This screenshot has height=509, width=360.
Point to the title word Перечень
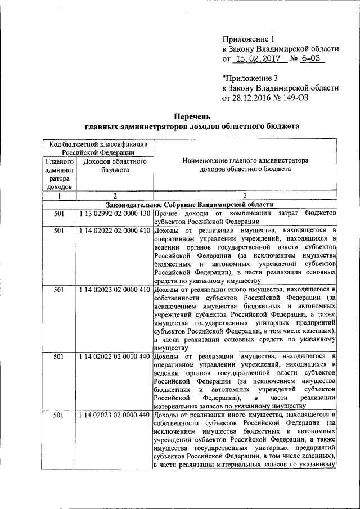(x=192, y=117)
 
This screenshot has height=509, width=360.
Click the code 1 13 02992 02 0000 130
(x=114, y=214)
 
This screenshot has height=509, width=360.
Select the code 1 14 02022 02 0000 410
(x=114, y=231)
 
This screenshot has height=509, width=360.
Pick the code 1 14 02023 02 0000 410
(x=114, y=289)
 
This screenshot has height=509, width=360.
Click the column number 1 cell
(x=59, y=196)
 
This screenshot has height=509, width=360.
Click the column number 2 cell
(x=114, y=196)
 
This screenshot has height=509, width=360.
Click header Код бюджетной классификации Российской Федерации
(x=98, y=148)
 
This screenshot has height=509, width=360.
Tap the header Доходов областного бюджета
(x=114, y=165)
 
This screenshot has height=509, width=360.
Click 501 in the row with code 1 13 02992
(x=59, y=214)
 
